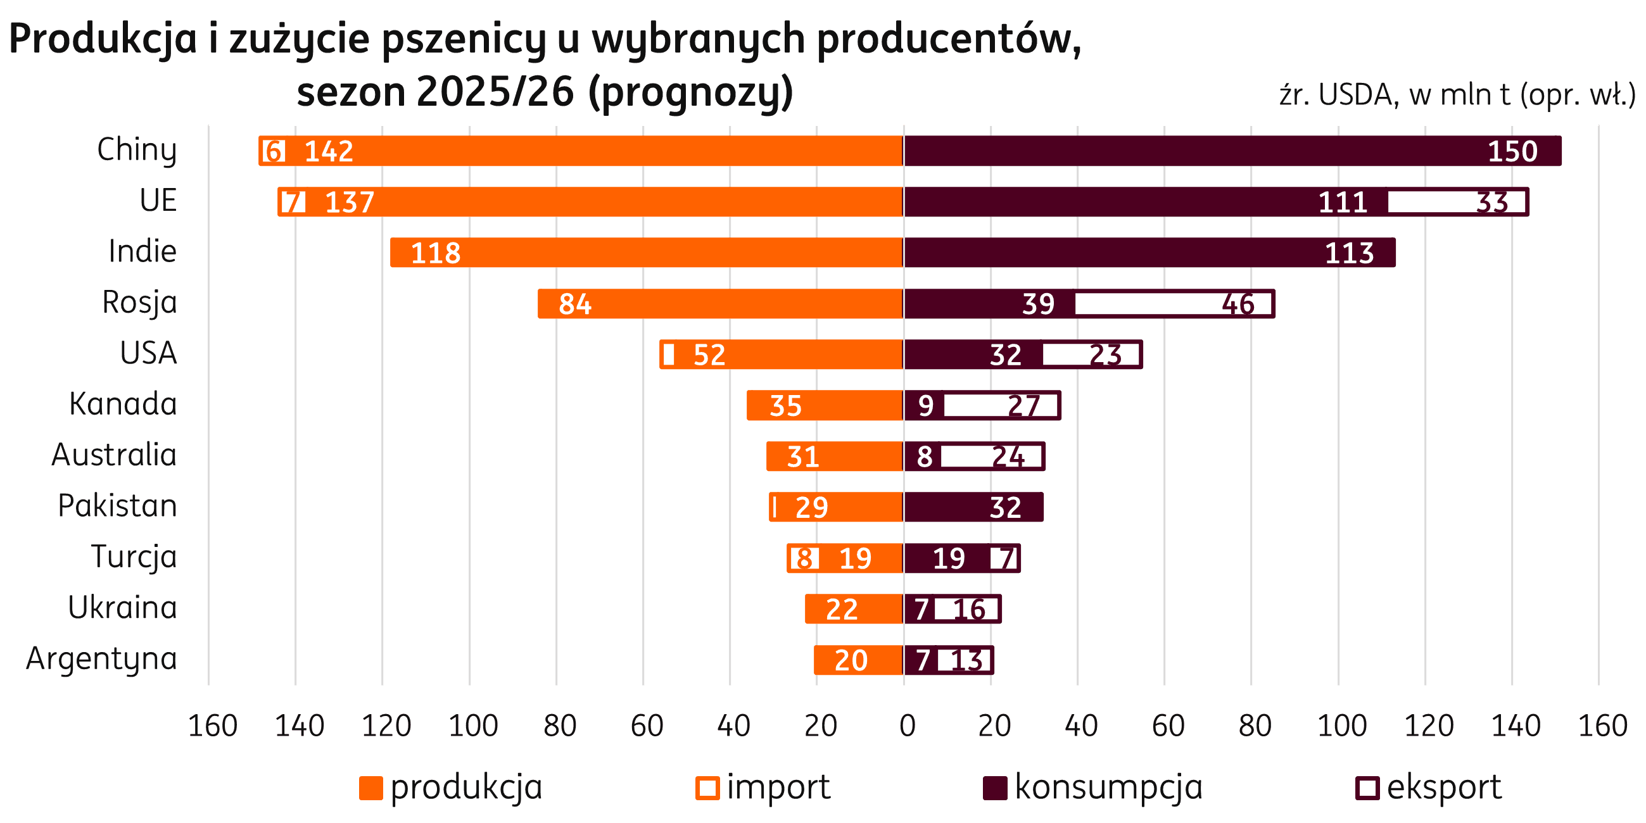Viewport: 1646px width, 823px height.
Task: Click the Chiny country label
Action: (x=136, y=150)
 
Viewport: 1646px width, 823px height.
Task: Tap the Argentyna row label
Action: (x=101, y=659)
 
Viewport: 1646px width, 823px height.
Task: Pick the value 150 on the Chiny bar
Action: (x=1512, y=151)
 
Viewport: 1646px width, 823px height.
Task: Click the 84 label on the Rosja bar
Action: (x=575, y=304)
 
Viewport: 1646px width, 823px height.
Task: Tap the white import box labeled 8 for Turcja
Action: (x=804, y=558)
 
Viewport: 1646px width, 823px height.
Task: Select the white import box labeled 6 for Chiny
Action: (x=274, y=151)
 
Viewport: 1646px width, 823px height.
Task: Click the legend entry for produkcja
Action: (x=451, y=787)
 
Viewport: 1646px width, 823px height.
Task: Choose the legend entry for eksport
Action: (x=1429, y=787)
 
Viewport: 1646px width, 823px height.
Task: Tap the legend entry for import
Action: (x=764, y=787)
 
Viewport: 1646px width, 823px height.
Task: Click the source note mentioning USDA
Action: (x=1457, y=96)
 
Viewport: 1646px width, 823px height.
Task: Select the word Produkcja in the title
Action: (x=102, y=40)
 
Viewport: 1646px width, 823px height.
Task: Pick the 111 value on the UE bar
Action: (x=1343, y=203)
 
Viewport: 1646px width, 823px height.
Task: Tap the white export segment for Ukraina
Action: (x=966, y=610)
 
